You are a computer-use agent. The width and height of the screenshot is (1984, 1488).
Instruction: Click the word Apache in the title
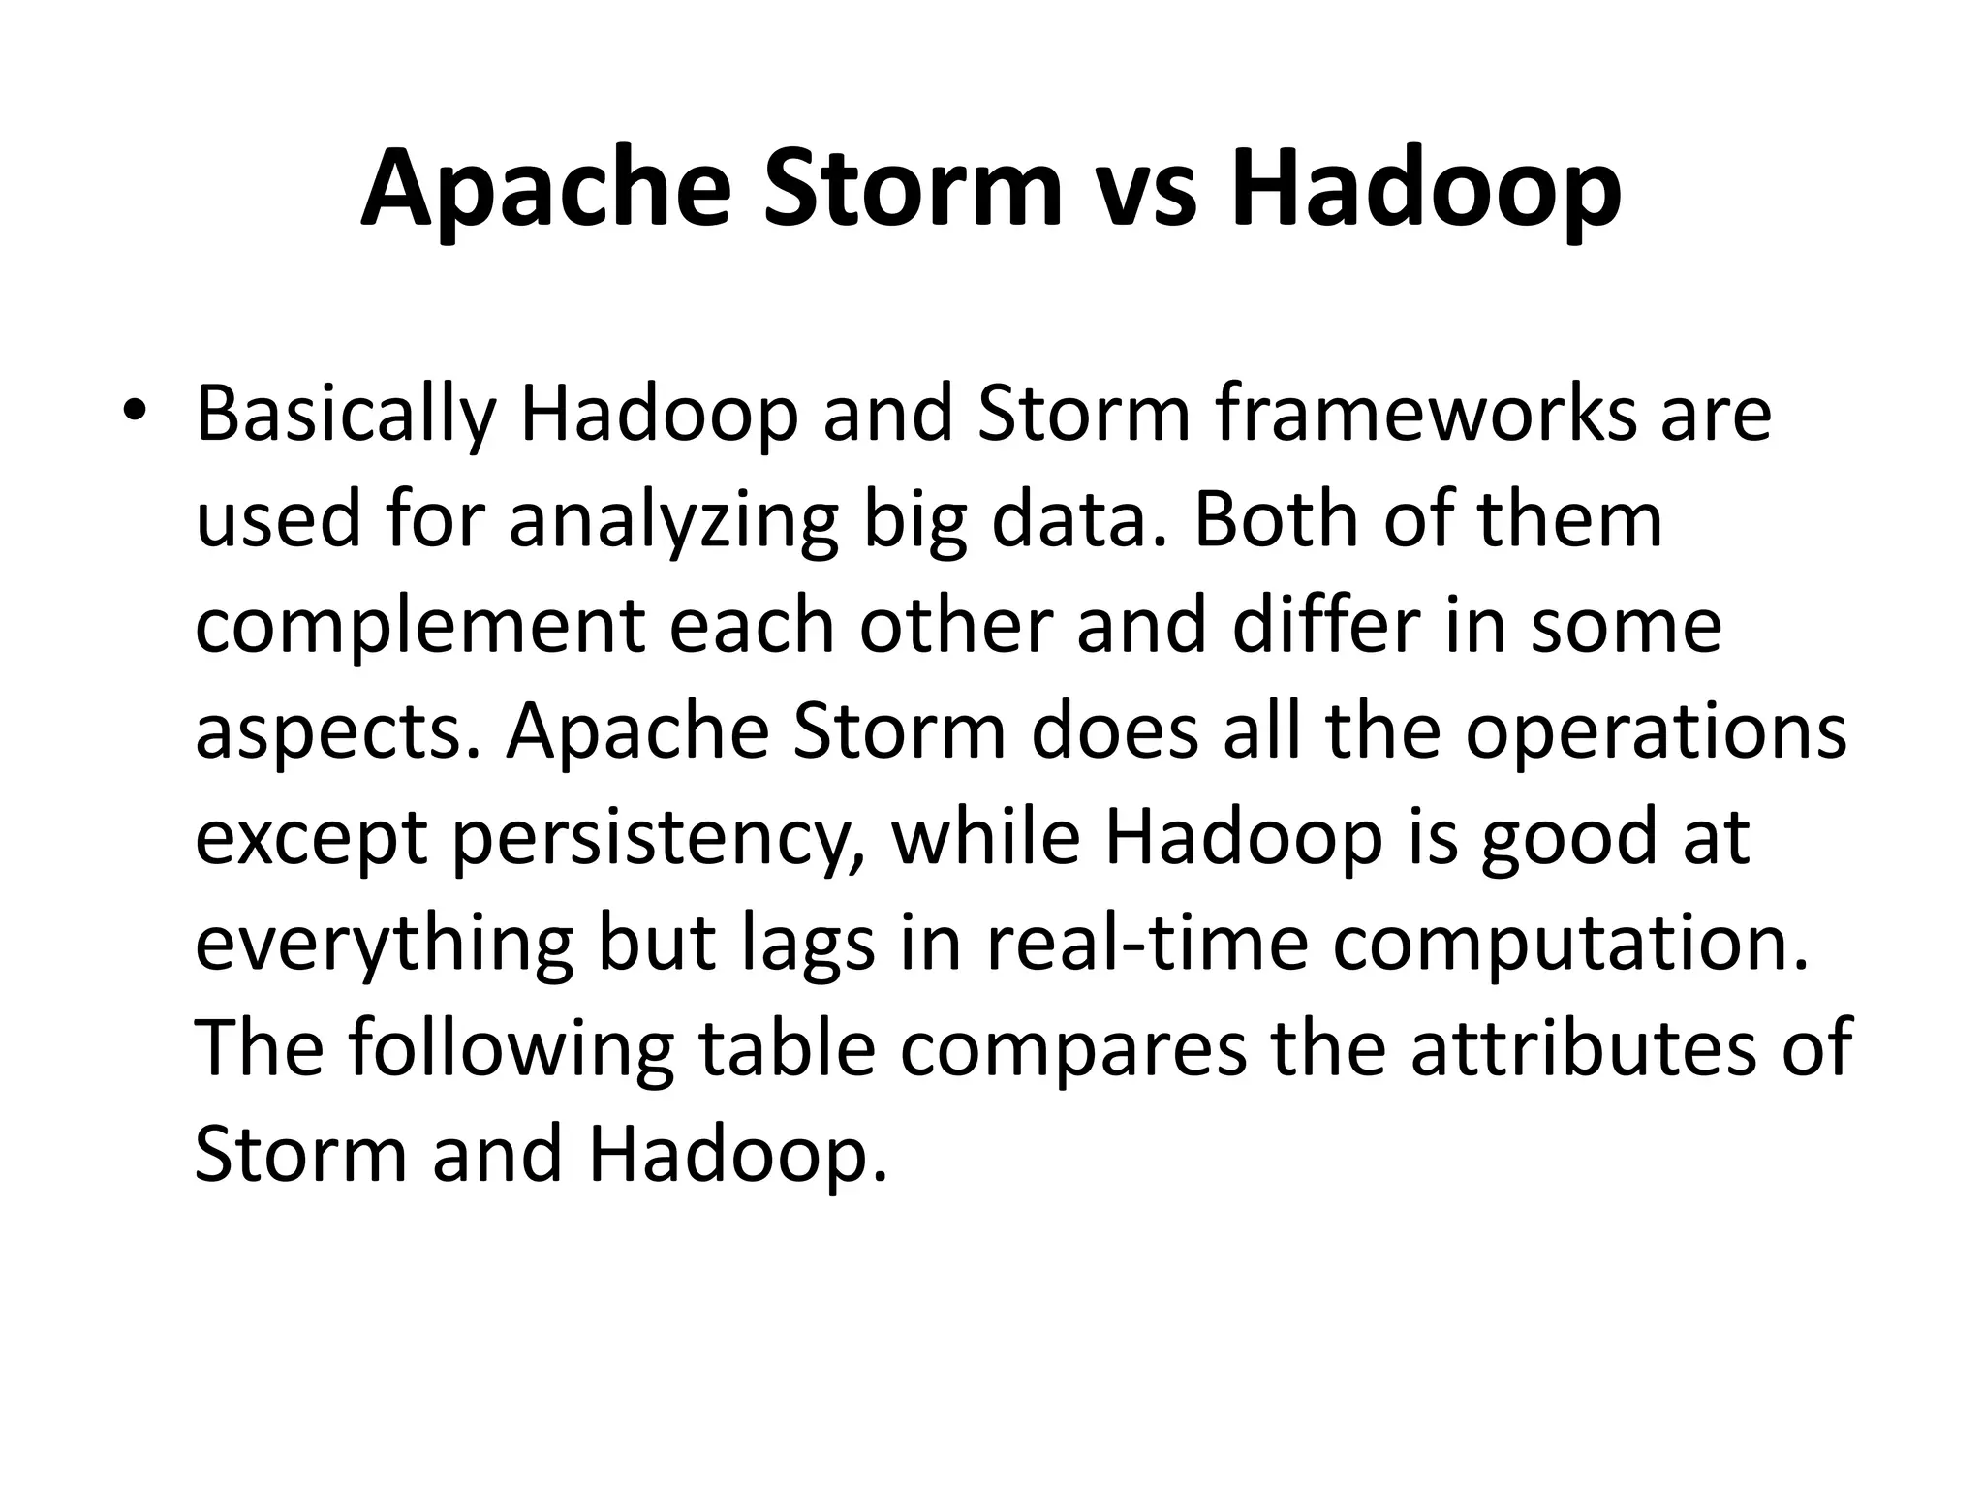[545, 189]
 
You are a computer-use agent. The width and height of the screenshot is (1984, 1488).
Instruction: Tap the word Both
[1275, 519]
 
